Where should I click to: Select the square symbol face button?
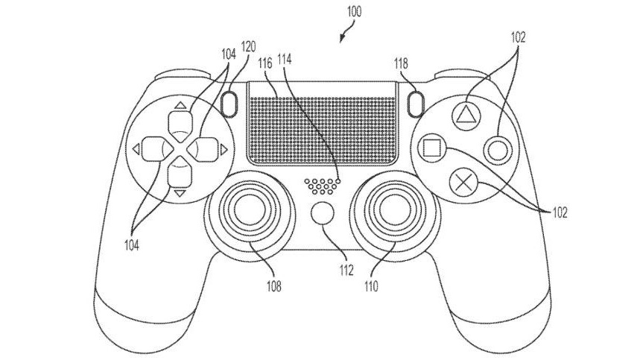tap(431, 146)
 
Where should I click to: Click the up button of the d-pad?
tap(178, 119)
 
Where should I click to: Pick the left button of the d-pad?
tap(152, 149)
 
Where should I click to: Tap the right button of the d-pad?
tap(204, 149)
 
